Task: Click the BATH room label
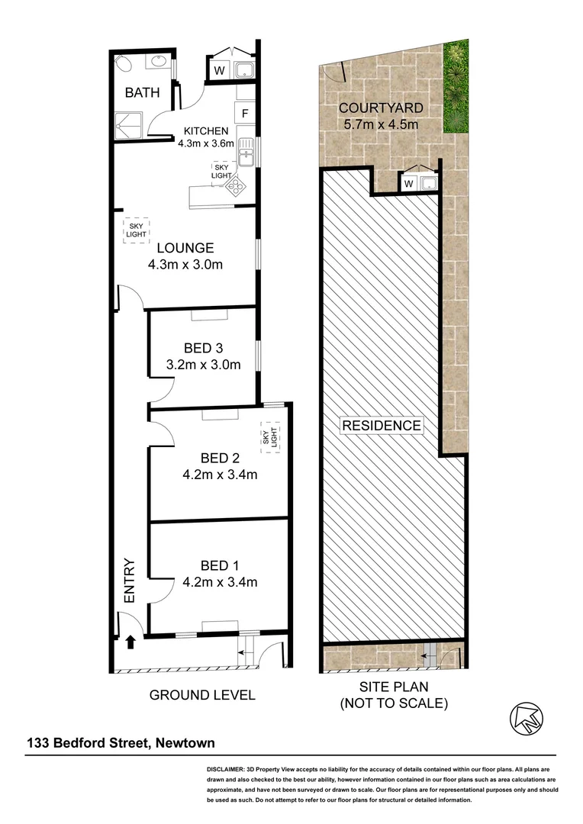click(x=143, y=93)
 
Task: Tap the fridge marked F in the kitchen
click(x=245, y=114)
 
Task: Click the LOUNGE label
click(x=185, y=248)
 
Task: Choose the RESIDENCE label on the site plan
click(x=381, y=426)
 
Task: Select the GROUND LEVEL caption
click(x=202, y=695)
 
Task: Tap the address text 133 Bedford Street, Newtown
click(x=121, y=742)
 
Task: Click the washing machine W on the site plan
click(x=408, y=183)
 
